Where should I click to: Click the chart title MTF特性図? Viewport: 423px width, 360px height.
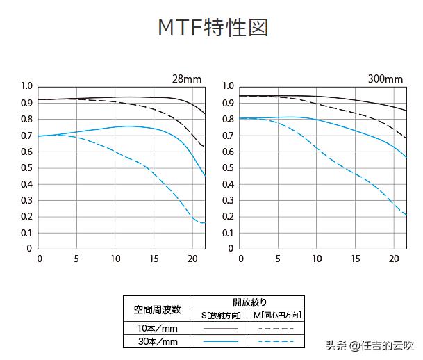pos(212,28)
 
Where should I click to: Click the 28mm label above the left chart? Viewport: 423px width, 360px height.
pos(188,79)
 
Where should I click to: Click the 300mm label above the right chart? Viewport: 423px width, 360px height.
pos(385,79)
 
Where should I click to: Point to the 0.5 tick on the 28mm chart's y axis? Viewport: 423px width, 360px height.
pos(26,167)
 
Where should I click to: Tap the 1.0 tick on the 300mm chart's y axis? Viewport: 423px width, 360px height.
pos(228,86)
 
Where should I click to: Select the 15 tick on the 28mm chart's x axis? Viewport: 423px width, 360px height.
pos(153,259)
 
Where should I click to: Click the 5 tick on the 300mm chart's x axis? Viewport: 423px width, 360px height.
pos(279,259)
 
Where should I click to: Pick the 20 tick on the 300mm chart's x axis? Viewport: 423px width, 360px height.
pos(392,259)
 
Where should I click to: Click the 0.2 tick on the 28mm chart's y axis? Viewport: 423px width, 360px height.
pos(26,216)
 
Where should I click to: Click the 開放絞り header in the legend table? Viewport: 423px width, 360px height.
pos(249,302)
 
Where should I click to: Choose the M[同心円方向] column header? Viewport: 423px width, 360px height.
pos(276,315)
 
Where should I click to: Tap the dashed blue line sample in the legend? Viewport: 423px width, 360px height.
pos(276,341)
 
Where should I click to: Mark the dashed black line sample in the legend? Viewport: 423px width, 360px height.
pos(276,327)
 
